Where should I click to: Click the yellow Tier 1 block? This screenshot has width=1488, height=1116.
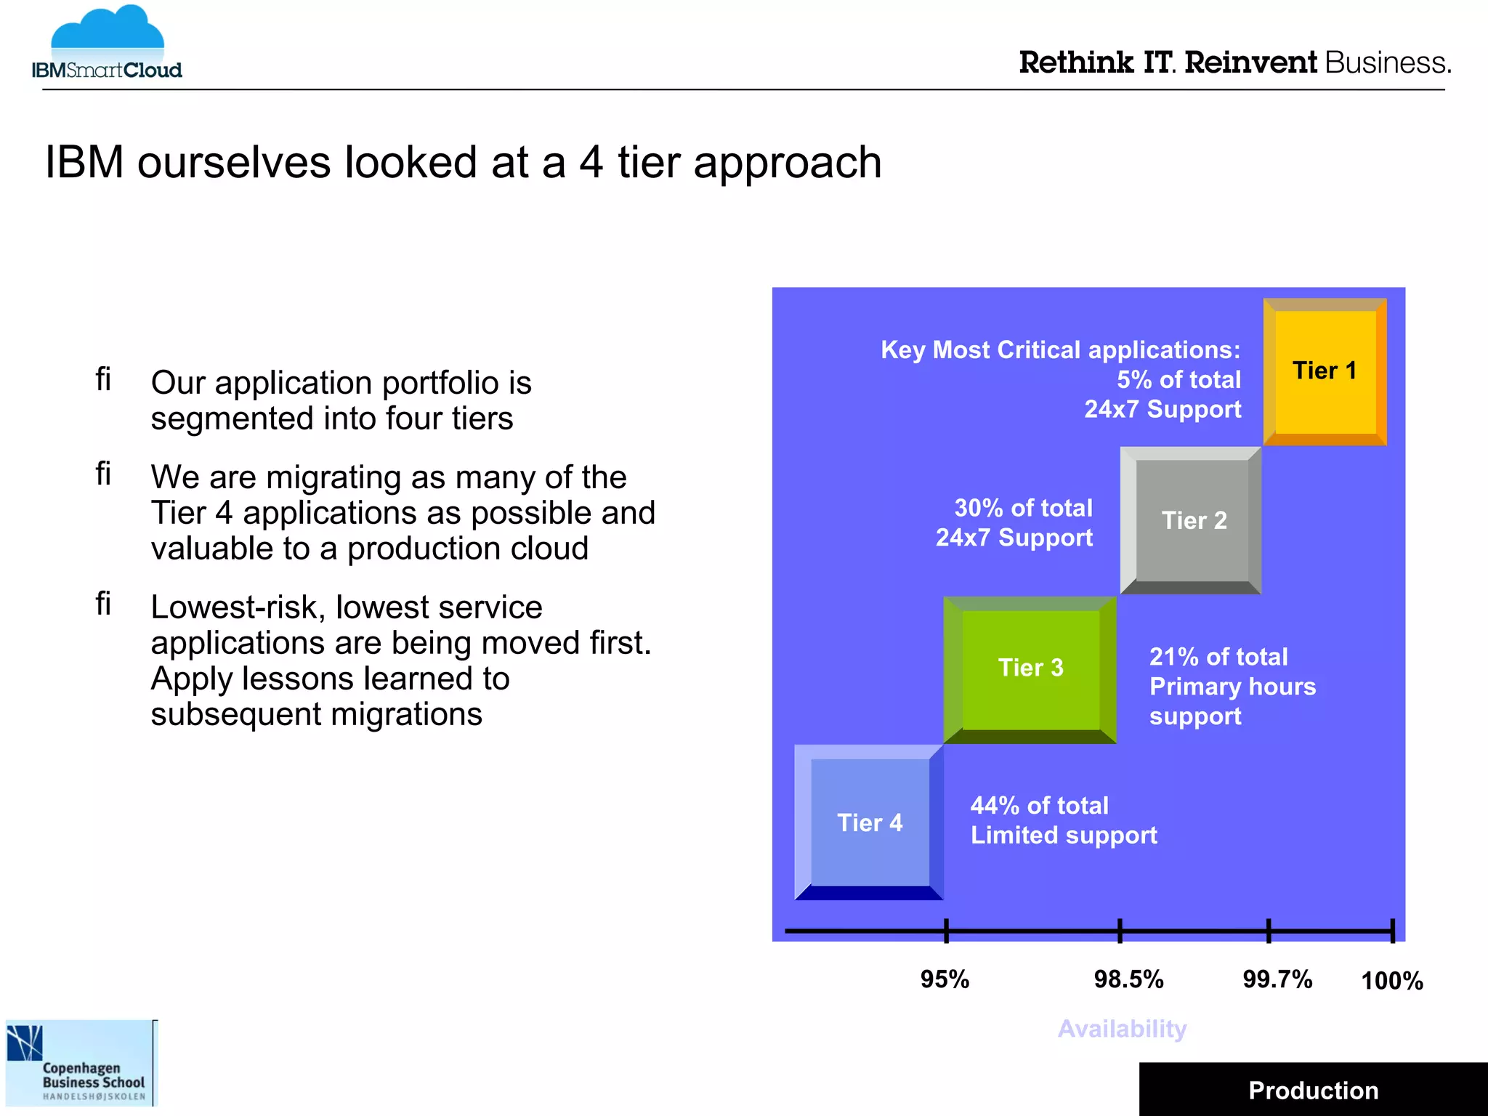(1325, 371)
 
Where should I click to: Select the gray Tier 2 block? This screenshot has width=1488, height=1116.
(1192, 520)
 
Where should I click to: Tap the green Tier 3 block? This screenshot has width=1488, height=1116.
(1030, 668)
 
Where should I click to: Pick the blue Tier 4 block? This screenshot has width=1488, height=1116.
(869, 822)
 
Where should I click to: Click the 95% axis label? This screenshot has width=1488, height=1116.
(945, 979)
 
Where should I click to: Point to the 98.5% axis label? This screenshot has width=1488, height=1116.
(1128, 979)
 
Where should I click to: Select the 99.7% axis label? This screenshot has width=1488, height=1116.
(1277, 979)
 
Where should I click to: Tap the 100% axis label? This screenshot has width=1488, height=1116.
(1391, 981)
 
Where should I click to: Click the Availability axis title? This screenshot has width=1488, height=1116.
(1122, 1029)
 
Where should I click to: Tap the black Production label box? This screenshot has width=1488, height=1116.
(1313, 1090)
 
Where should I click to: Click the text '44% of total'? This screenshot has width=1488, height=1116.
(1039, 806)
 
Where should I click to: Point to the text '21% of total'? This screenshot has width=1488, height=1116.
(1218, 657)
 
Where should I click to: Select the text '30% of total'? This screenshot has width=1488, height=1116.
(1023, 508)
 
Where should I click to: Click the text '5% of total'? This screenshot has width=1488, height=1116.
(1178, 379)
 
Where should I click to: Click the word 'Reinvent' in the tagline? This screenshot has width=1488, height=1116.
(1250, 63)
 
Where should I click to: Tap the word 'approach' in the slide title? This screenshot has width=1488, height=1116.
(787, 163)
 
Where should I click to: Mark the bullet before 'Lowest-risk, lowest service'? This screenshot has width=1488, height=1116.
(103, 604)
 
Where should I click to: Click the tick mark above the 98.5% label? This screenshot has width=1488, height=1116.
(1120, 931)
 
